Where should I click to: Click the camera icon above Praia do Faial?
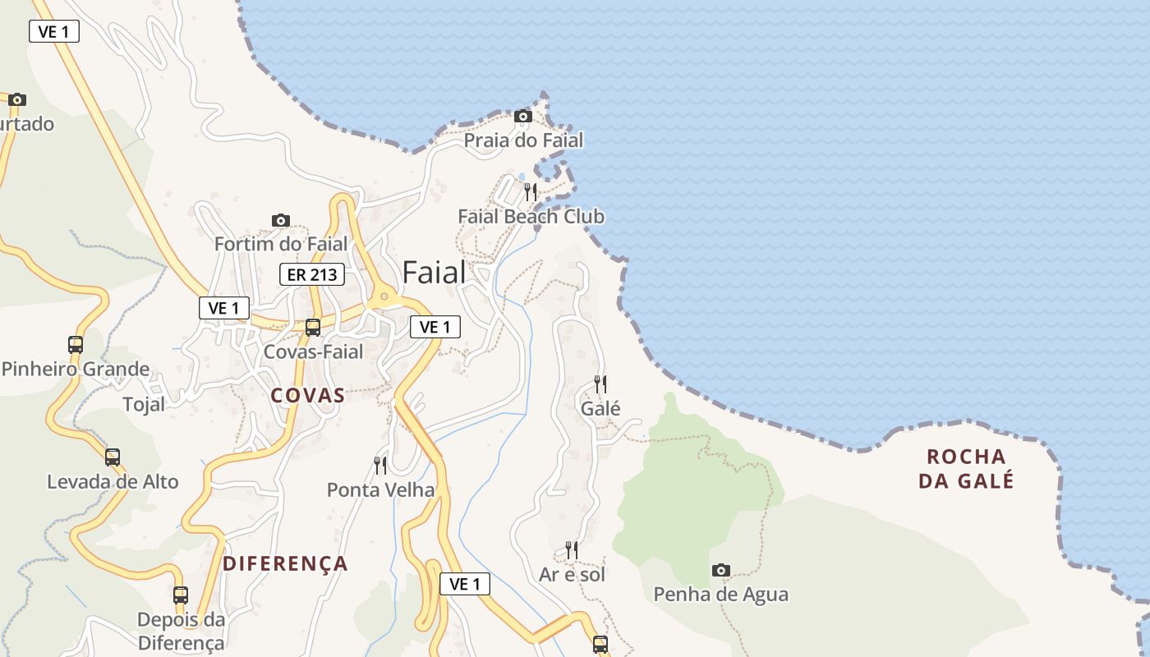523,117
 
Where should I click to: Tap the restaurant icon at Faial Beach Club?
531,192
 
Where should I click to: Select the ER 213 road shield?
312,274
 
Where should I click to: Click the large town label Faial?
434,273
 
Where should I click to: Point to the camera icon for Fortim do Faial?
281,220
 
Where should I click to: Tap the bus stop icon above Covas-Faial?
313,328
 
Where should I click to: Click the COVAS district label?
308,395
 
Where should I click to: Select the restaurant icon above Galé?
600,384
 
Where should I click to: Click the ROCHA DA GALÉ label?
966,468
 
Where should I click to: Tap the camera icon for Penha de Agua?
721,570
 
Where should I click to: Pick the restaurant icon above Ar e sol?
572,549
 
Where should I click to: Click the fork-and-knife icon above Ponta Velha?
380,466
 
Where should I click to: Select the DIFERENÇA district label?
286,563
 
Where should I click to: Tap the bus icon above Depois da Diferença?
181,595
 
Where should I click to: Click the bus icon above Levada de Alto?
113,457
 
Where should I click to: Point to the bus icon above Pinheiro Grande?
76,345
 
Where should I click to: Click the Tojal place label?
144,404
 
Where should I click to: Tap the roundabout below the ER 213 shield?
384,296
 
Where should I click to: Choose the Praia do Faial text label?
523,140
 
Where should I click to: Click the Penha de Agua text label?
720,594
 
